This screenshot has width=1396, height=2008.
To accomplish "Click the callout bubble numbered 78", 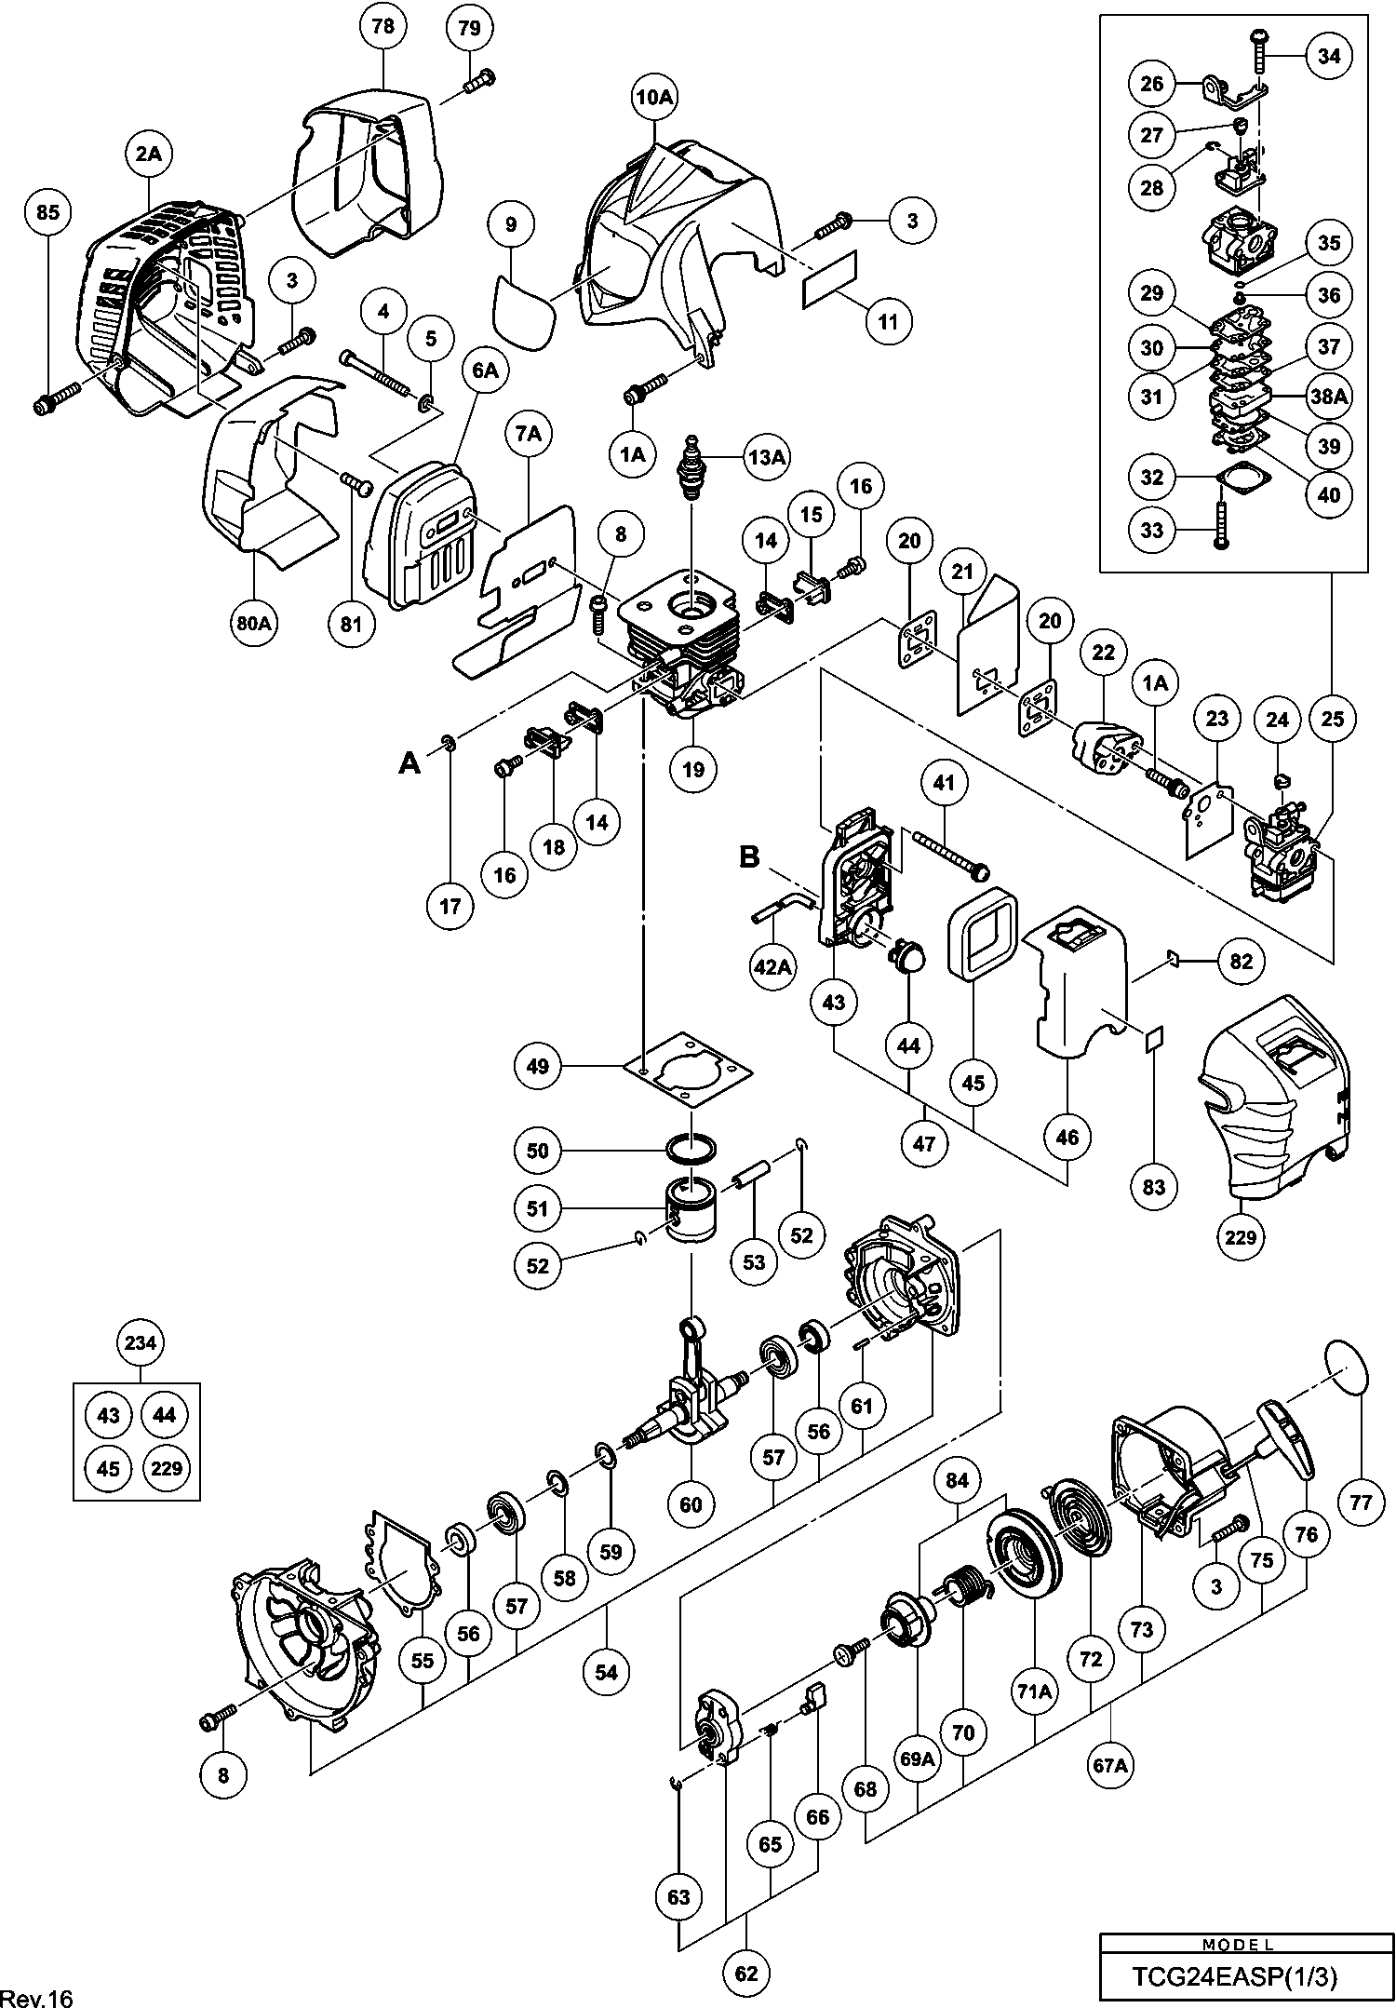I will coord(383,28).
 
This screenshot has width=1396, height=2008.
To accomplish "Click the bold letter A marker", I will coord(409,762).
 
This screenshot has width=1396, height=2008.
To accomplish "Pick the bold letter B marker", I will coord(749,856).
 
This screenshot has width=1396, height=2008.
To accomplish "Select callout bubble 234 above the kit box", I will coord(140,1343).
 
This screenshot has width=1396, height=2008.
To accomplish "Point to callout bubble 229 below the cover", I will coord(1242,1236).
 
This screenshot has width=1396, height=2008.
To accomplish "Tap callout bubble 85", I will coord(47,213).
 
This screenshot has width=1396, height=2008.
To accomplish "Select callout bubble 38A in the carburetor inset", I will coord(1329,396).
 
